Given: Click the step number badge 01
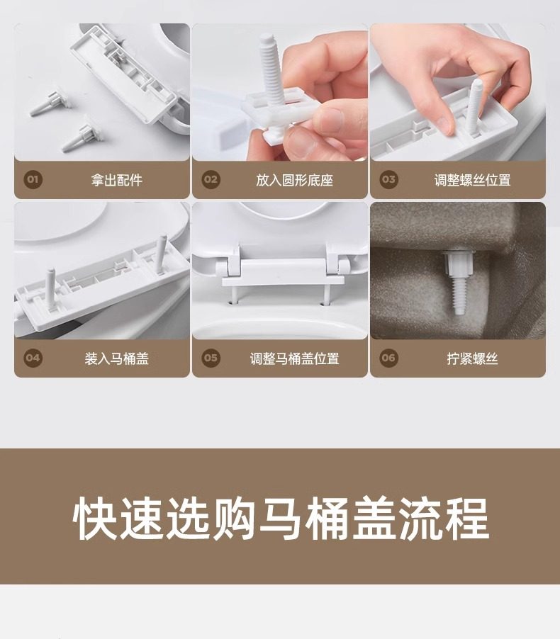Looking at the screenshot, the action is [x=33, y=180].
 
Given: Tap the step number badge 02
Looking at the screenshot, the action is [x=211, y=180].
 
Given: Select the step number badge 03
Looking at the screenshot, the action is [x=388, y=180].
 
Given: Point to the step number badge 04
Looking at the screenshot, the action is [x=33, y=358].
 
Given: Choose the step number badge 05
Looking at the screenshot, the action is [x=211, y=358].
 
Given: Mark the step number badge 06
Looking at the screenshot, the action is [x=388, y=358].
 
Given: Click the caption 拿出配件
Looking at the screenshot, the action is [x=117, y=180].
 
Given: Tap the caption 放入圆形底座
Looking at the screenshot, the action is [x=294, y=180].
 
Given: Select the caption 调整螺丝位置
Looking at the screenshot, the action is [x=472, y=180].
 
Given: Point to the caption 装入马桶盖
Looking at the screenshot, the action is [x=117, y=358].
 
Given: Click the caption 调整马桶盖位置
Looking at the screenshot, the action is [x=294, y=358].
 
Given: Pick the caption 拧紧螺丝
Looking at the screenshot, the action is [x=472, y=358].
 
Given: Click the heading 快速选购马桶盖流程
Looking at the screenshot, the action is [x=281, y=519].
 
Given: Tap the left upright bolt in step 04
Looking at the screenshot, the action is [x=51, y=289].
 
